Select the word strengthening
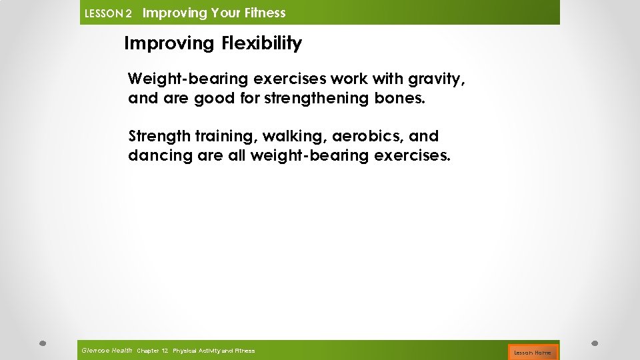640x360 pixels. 315,99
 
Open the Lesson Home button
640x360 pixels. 532,352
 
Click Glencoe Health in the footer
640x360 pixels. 107,351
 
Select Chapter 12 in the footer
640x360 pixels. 152,351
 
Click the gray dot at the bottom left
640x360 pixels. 41,344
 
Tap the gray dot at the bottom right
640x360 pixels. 595,344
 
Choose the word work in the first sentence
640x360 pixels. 347,80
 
